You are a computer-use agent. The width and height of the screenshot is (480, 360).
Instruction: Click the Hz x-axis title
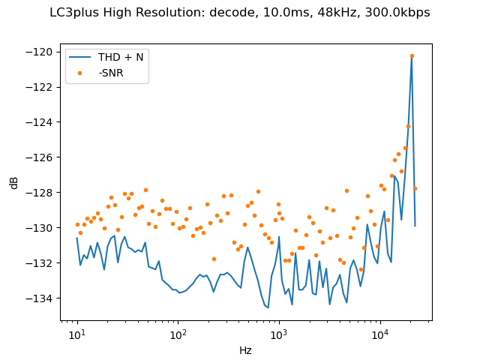click(245, 350)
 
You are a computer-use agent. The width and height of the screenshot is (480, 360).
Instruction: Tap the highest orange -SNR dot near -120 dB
click(412, 55)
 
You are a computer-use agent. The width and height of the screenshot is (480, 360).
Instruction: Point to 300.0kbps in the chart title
click(402, 12)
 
